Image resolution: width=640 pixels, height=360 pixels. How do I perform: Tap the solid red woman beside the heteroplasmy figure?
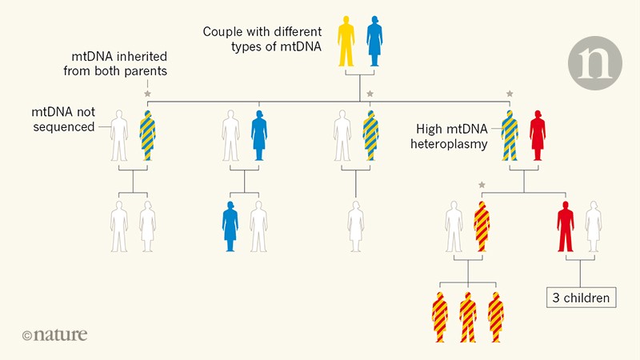pyautogui.click(x=538, y=135)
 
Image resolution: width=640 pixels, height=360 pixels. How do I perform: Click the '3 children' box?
pyautogui.click(x=581, y=298)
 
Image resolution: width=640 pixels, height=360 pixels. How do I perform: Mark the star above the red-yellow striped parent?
pyautogui.click(x=482, y=185)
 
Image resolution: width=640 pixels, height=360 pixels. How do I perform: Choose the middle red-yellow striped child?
pyautogui.click(x=468, y=318)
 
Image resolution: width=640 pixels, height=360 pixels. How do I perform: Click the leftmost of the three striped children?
pyautogui.click(x=439, y=318)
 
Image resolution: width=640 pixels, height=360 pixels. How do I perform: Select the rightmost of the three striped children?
pyautogui.click(x=497, y=318)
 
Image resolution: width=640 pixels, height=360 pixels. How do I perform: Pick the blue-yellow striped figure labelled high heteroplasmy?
pyautogui.click(x=509, y=135)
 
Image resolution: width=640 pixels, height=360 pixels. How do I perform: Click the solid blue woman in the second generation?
pyautogui.click(x=258, y=135)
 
